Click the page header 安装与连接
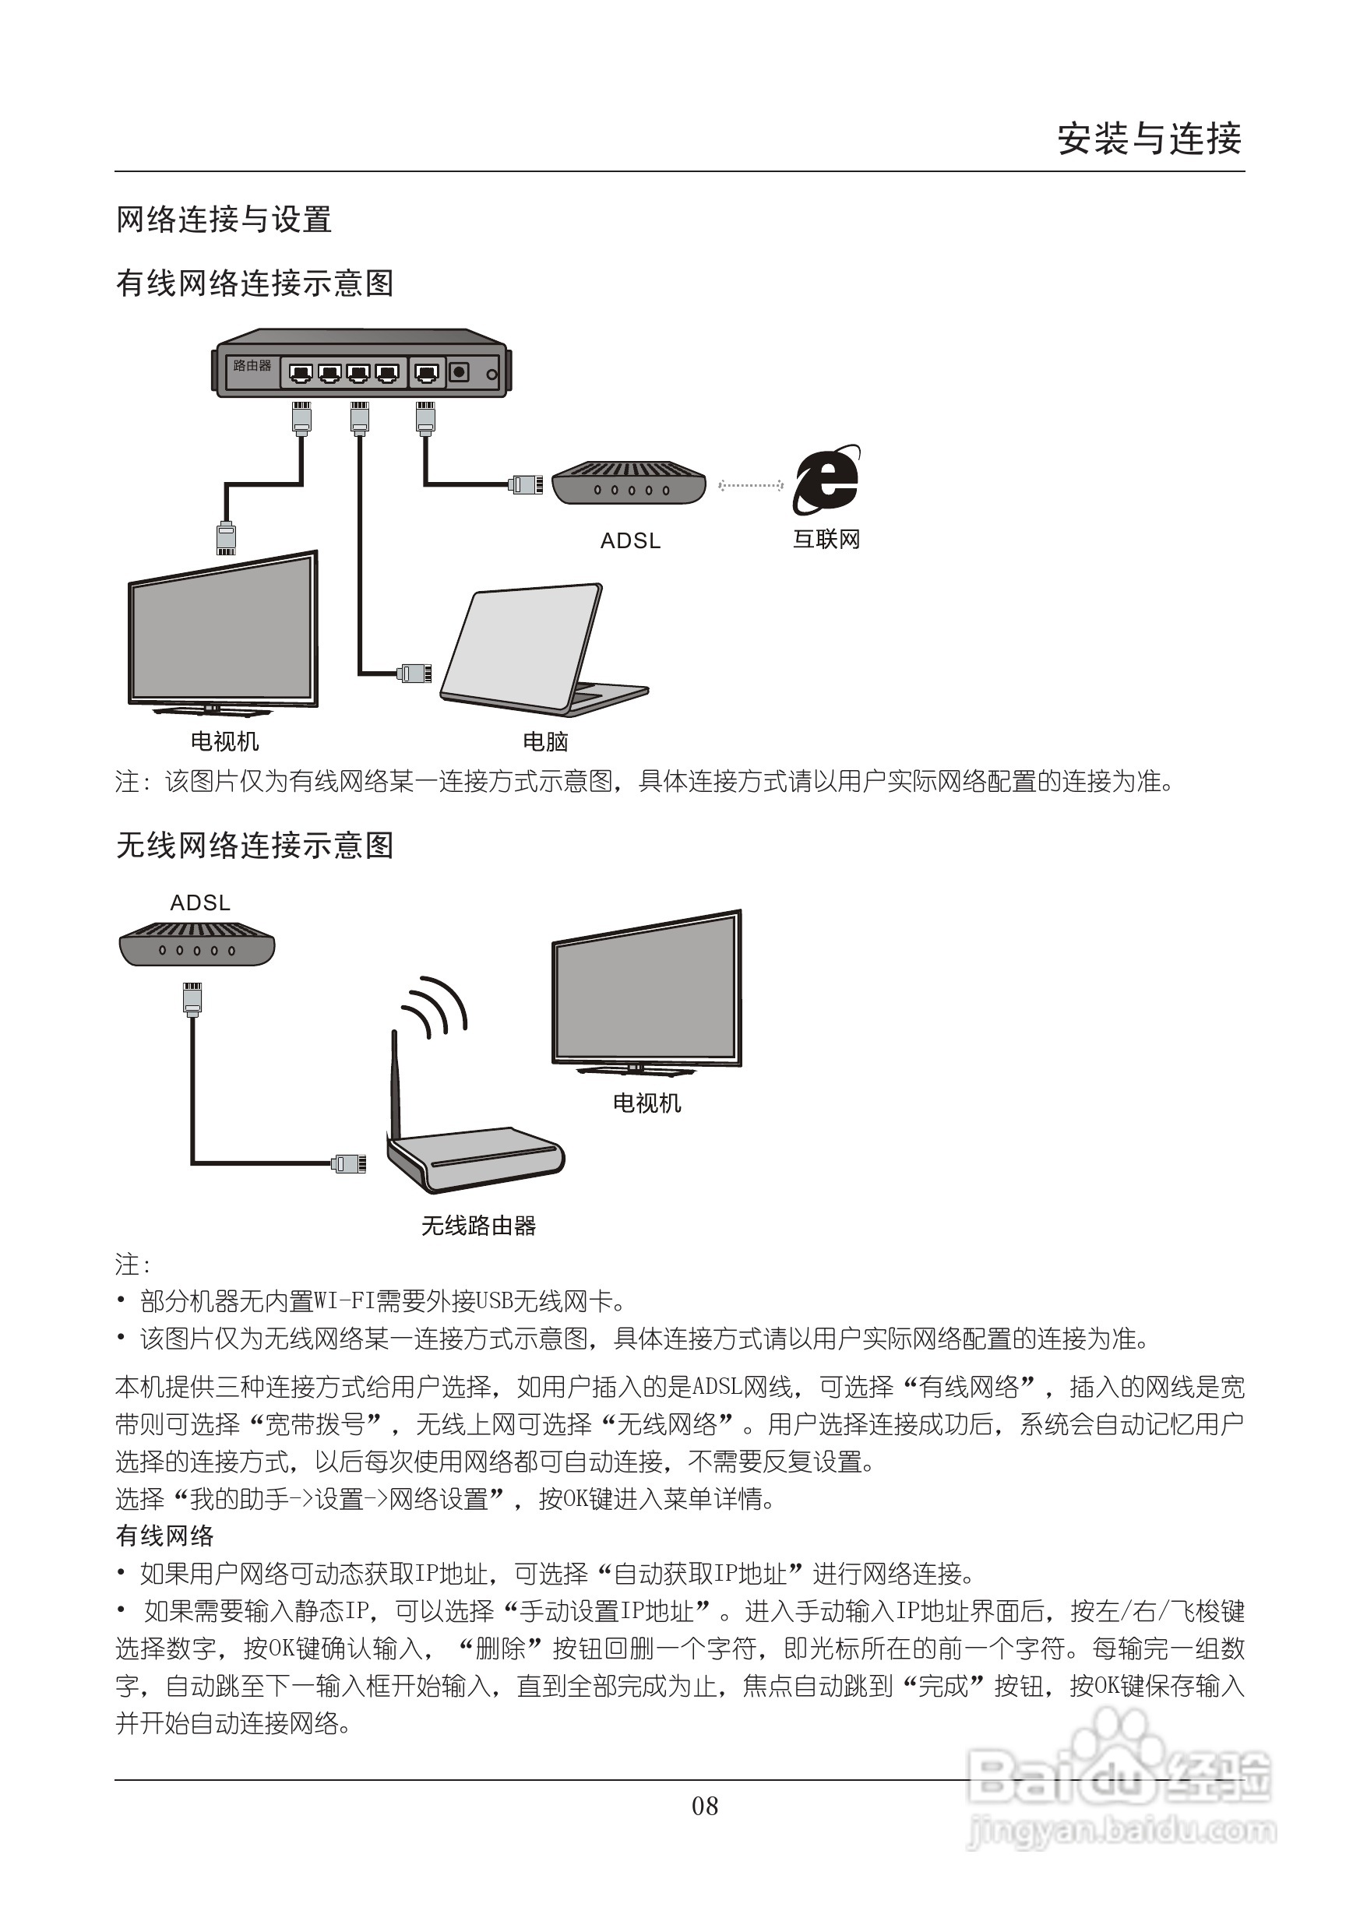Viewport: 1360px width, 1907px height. click(x=1148, y=139)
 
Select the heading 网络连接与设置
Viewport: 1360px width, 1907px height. click(x=224, y=220)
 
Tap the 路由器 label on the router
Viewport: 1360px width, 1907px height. click(x=252, y=366)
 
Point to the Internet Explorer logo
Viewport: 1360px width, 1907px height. click(x=826, y=480)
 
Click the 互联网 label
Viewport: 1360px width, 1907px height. click(x=826, y=540)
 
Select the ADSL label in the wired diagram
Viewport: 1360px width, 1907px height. click(x=631, y=542)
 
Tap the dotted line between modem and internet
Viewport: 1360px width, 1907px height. click(x=750, y=484)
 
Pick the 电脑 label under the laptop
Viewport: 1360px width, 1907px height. click(x=545, y=742)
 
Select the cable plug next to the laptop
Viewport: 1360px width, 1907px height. click(x=414, y=672)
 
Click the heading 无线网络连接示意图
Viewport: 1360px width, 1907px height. click(x=255, y=846)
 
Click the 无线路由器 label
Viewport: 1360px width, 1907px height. click(x=478, y=1226)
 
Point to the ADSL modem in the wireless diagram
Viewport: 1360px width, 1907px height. click(x=197, y=944)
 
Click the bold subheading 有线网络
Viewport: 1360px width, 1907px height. click(x=165, y=1536)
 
